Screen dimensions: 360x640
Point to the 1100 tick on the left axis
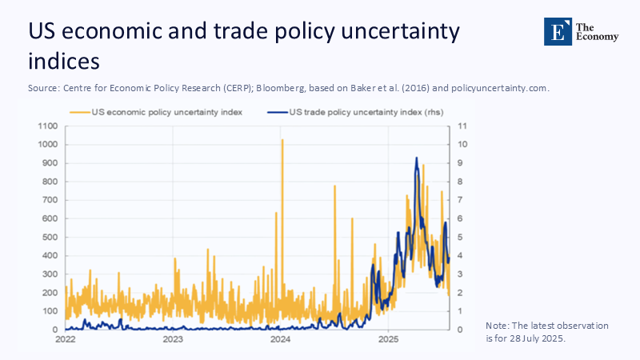[47, 126]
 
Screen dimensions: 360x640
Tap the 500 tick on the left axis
[50, 238]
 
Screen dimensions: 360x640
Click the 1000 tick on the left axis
[47, 145]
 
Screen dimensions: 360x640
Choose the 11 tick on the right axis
[462, 126]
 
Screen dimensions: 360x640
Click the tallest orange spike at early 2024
[282, 141]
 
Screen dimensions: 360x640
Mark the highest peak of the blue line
[416, 158]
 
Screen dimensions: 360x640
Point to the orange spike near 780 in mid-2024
[334, 186]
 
